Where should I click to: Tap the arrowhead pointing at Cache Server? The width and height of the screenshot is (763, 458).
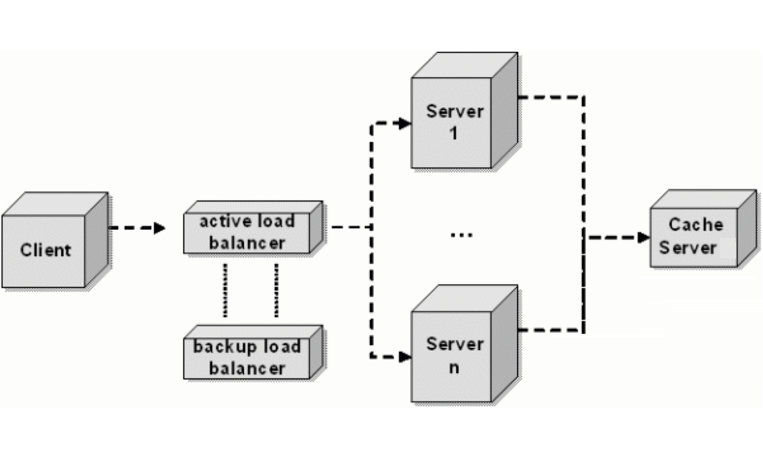[644, 237]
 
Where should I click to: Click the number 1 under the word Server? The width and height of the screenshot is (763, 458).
[454, 133]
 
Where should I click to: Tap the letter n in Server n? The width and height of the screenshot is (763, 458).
[454, 368]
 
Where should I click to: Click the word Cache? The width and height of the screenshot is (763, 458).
[696, 225]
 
